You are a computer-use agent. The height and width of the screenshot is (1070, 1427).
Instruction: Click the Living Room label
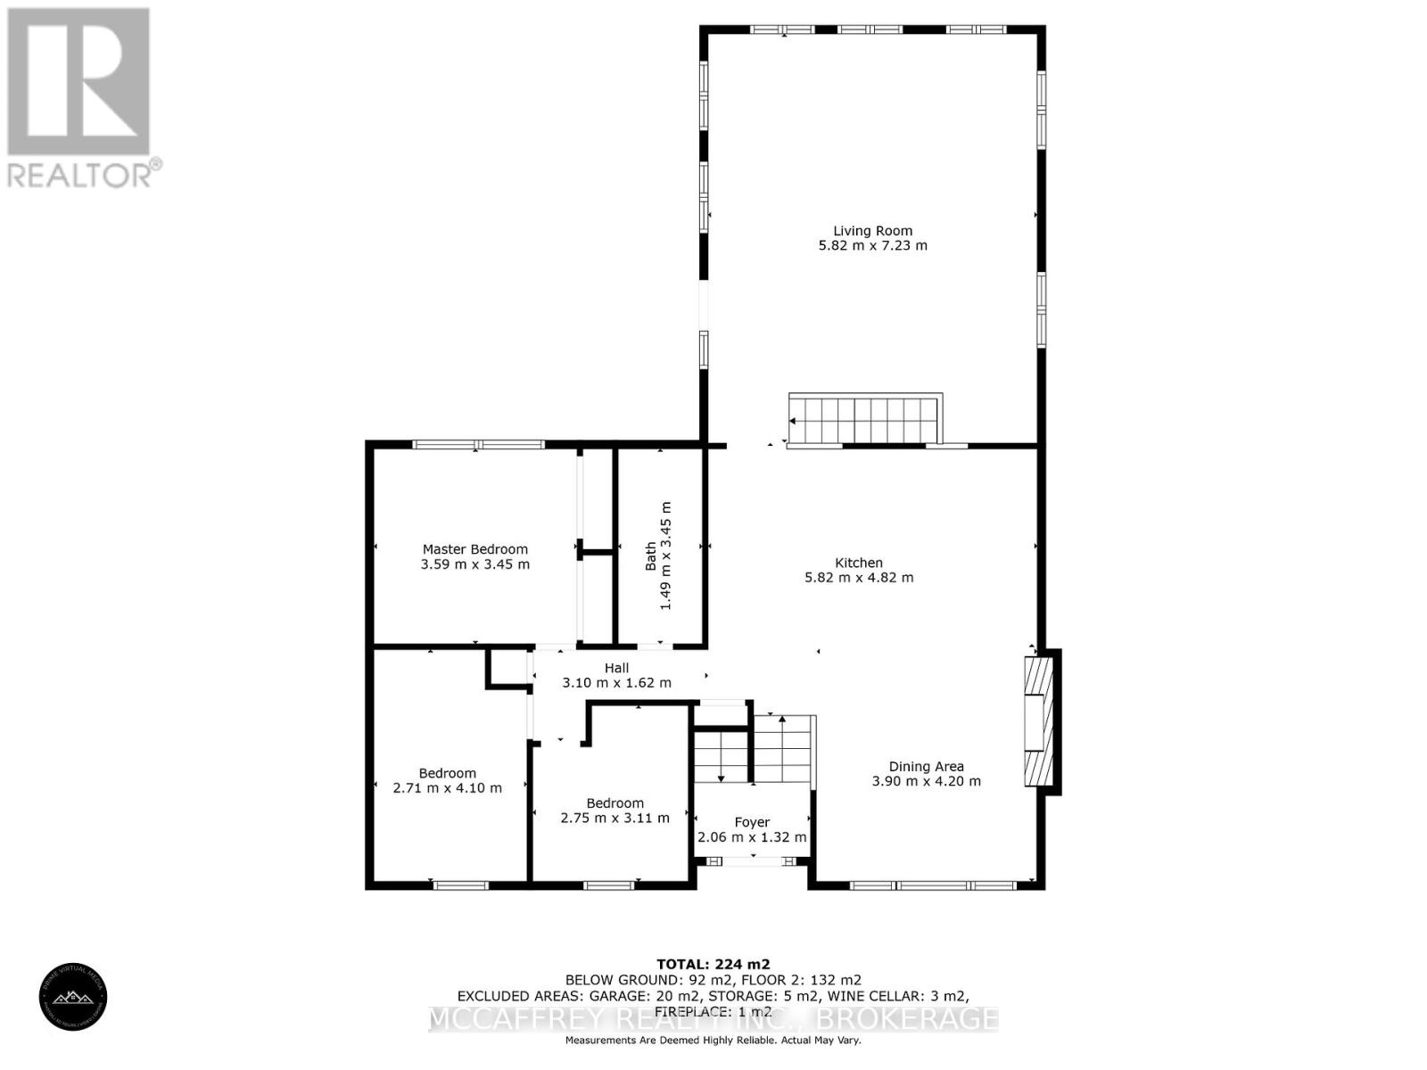[872, 230]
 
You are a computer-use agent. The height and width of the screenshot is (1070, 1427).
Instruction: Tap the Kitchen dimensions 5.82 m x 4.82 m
[859, 578]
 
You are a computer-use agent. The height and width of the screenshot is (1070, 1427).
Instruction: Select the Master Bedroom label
[474, 549]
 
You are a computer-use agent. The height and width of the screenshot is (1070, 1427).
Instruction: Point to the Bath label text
[651, 556]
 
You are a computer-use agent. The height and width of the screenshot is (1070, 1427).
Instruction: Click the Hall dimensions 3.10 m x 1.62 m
[616, 683]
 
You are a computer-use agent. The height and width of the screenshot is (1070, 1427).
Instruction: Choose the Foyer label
[752, 822]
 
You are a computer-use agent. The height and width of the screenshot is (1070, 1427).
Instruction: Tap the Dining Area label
[926, 766]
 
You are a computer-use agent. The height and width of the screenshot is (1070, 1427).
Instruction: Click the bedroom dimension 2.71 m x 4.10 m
[447, 788]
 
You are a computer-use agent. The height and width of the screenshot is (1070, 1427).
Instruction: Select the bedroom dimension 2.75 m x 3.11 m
[615, 818]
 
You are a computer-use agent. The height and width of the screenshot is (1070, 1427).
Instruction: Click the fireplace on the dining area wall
[1039, 721]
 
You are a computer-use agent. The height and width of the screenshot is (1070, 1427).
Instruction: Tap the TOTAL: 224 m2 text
[713, 964]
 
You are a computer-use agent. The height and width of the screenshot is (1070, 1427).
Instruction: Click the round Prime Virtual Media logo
[73, 998]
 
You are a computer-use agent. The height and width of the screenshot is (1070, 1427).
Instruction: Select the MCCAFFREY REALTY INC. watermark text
[713, 1019]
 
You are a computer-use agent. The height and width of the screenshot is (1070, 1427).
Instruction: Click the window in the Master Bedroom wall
[478, 444]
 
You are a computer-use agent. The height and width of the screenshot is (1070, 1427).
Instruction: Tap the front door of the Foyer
[753, 861]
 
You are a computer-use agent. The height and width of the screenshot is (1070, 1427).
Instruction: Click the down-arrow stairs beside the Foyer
[721, 756]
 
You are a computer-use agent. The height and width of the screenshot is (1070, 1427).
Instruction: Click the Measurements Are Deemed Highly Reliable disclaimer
[713, 1041]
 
